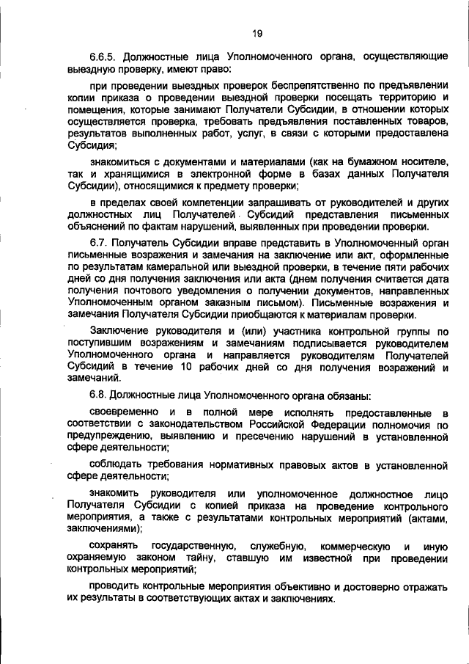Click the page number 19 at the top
click(257, 33)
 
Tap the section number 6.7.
click(99, 243)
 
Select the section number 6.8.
click(99, 395)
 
